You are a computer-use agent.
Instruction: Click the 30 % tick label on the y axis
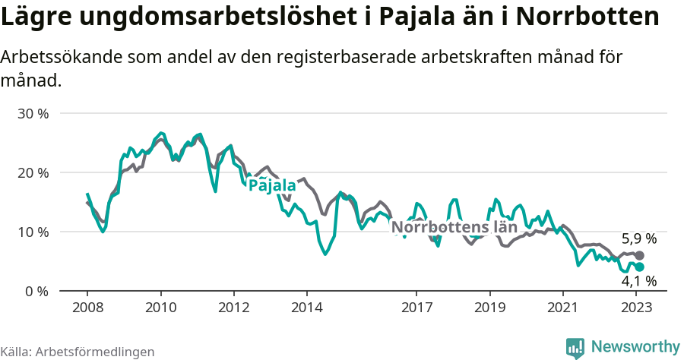pyautogui.click(x=33, y=114)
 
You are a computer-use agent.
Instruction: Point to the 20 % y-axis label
pyautogui.click(x=33, y=172)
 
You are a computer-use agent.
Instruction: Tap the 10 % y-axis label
pyautogui.click(x=33, y=232)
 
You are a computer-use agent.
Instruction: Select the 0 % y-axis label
pyautogui.click(x=36, y=291)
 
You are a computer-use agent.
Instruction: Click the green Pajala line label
pyautogui.click(x=272, y=185)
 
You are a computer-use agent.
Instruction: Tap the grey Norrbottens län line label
pyautogui.click(x=454, y=226)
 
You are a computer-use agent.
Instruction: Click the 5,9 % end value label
pyautogui.click(x=638, y=238)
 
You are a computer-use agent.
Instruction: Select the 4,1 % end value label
pyautogui.click(x=638, y=282)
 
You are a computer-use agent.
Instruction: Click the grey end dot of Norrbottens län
pyautogui.click(x=639, y=256)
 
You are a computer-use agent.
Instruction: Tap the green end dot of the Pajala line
pyautogui.click(x=639, y=267)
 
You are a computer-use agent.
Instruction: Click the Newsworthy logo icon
pyautogui.click(x=576, y=347)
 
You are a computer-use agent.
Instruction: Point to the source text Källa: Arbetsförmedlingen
pyautogui.click(x=78, y=352)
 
